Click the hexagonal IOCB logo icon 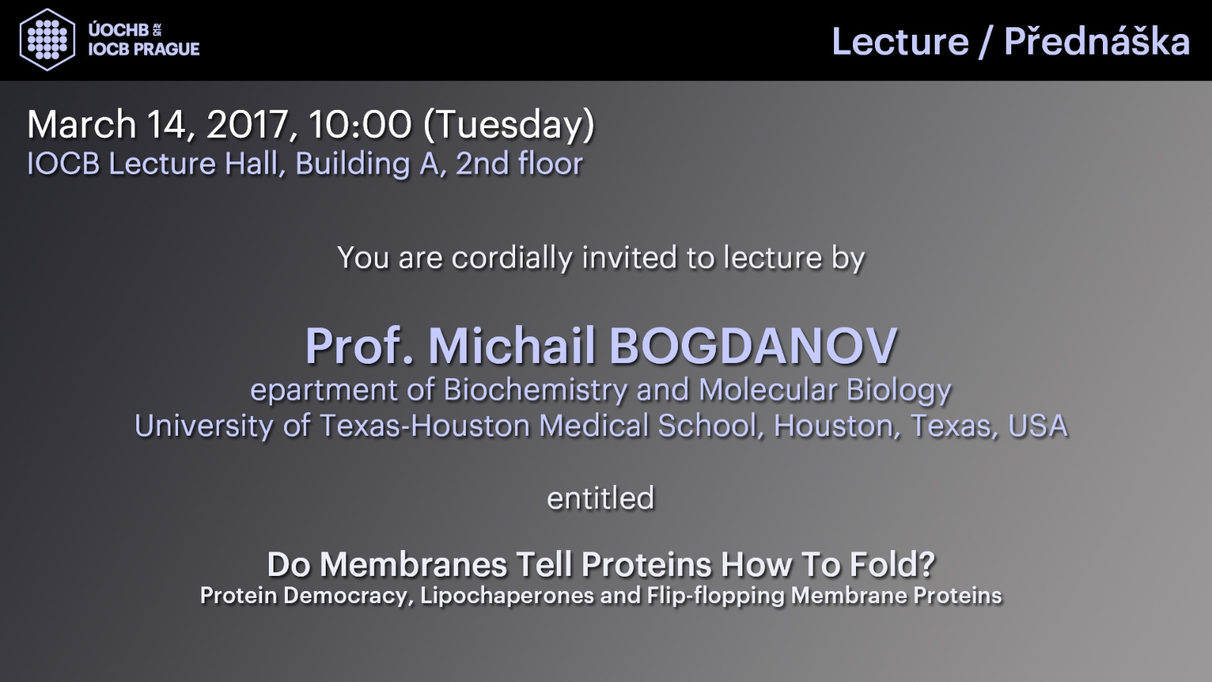[x=47, y=39]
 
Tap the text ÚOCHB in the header [x=118, y=30]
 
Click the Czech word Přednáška [x=1097, y=41]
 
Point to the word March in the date [x=82, y=124]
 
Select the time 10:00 [x=360, y=124]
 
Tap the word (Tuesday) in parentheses [x=508, y=126]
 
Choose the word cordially [x=512, y=258]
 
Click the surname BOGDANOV [x=754, y=346]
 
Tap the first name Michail [x=512, y=346]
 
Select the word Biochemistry [x=535, y=389]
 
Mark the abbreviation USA [x=1038, y=425]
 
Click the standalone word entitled [x=601, y=498]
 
